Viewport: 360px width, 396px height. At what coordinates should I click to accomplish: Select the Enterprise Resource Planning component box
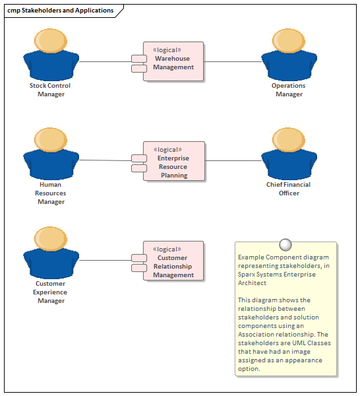click(x=173, y=162)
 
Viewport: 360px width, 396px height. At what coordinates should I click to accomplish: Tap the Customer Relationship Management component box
click(x=173, y=261)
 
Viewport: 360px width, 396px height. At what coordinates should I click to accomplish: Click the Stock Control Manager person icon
click(x=51, y=55)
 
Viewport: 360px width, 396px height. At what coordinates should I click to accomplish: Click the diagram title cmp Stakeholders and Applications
click(x=60, y=11)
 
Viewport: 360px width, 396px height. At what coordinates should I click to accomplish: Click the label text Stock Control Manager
click(x=50, y=90)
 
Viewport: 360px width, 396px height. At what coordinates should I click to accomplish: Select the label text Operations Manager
click(x=289, y=90)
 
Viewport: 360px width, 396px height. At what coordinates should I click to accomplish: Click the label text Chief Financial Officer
click(x=288, y=189)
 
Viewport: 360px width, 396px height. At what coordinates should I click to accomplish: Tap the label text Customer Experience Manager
click(x=51, y=292)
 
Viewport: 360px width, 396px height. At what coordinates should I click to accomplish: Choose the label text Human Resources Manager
click(x=51, y=193)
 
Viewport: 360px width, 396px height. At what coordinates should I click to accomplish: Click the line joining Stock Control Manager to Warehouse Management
click(x=105, y=62)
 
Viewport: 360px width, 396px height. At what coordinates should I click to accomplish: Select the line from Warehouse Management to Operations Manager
click(x=234, y=62)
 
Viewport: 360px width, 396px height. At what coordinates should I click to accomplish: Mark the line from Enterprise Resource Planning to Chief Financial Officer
click(x=234, y=160)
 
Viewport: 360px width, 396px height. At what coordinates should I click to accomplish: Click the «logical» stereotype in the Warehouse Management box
click(x=167, y=49)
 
